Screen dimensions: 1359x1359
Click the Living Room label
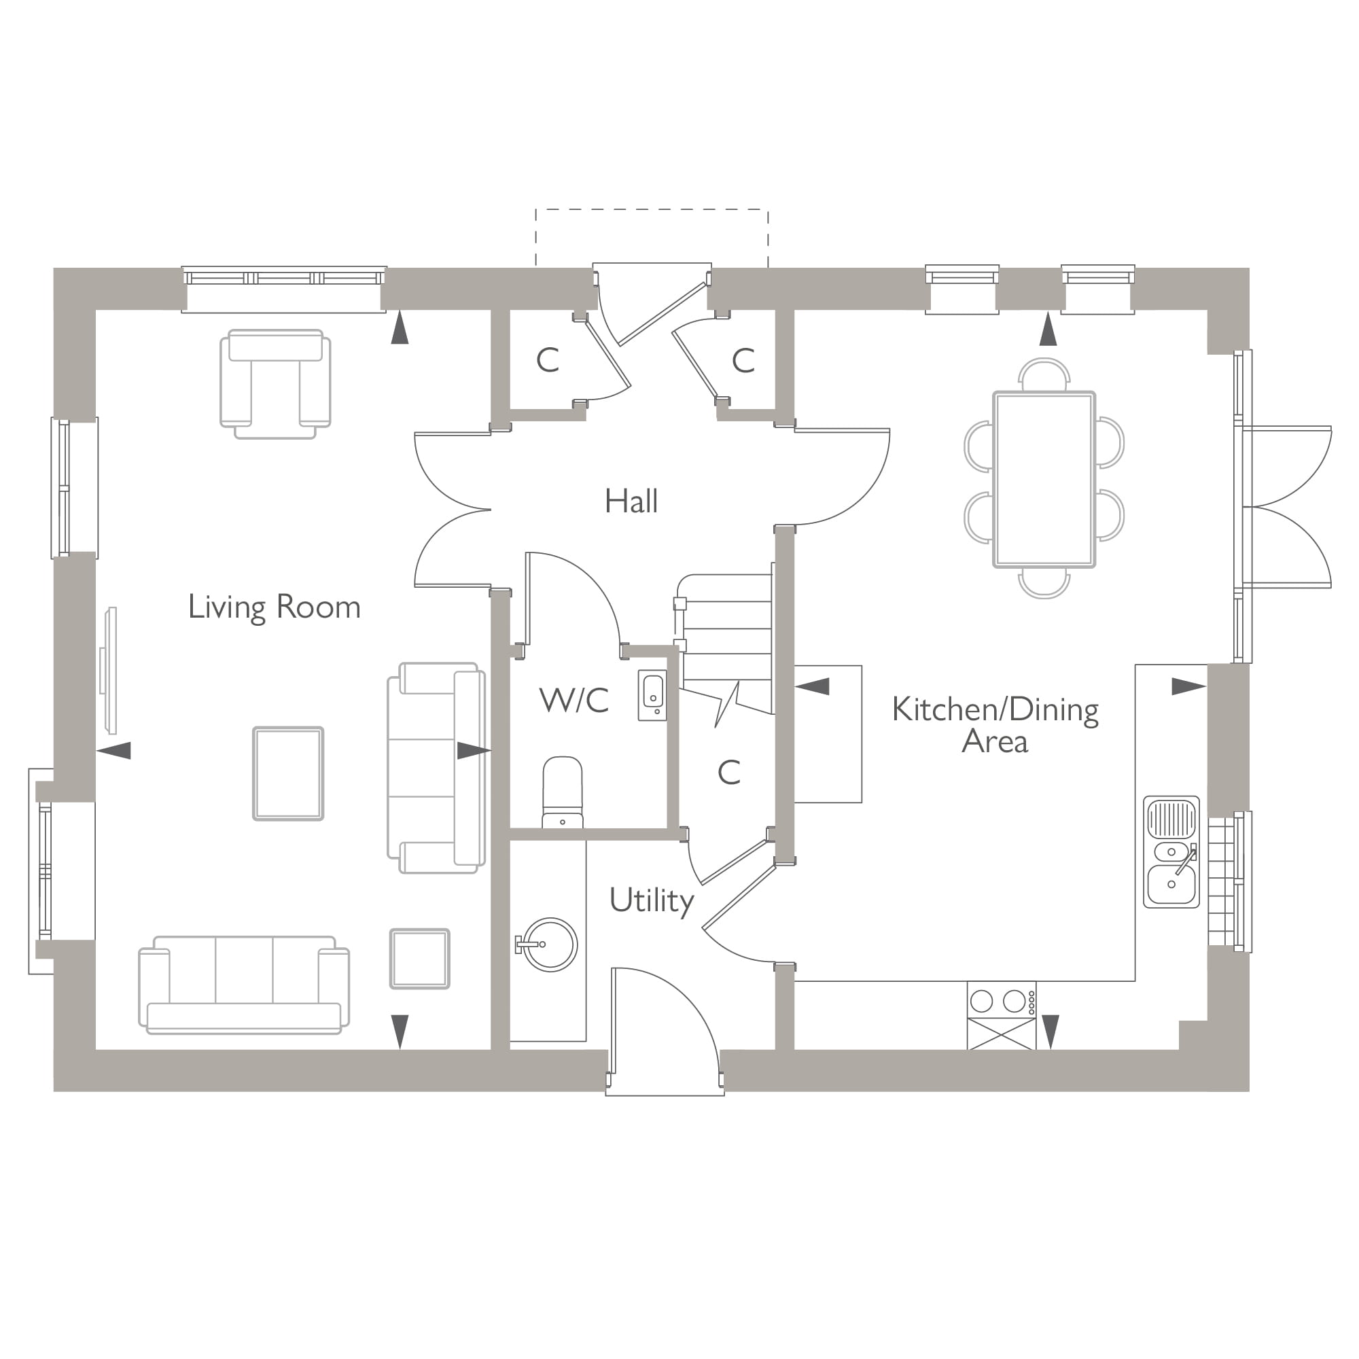point(275,607)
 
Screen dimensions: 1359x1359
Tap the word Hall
point(631,501)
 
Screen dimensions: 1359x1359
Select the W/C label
point(574,701)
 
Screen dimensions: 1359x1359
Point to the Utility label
point(652,900)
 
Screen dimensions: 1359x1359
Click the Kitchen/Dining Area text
point(995,725)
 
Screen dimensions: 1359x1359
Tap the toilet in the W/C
point(563,792)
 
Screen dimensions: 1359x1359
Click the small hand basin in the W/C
point(652,695)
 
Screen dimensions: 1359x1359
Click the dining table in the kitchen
point(1044,480)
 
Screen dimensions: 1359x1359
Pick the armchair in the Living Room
point(275,383)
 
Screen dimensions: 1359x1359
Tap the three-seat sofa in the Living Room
point(243,985)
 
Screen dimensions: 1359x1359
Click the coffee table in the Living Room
point(288,774)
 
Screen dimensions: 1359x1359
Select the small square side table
point(420,959)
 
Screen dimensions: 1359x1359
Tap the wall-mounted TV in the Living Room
point(109,670)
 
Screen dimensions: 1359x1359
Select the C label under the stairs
point(728,773)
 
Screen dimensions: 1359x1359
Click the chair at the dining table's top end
point(1044,374)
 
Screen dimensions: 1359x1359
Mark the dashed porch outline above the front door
point(652,209)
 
